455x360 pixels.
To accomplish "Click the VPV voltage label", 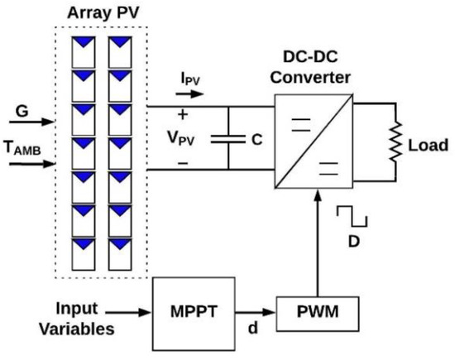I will coord(191,138).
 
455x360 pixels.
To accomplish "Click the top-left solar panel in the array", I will coord(82,51).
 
